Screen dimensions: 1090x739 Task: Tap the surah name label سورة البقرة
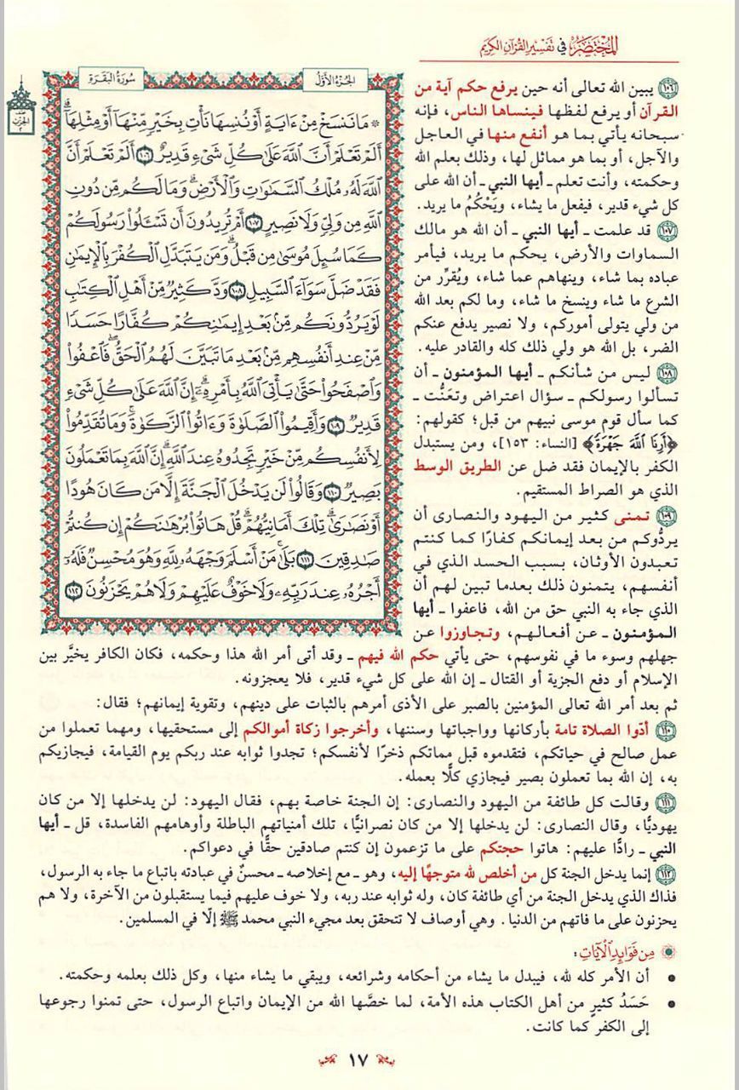pos(105,81)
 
